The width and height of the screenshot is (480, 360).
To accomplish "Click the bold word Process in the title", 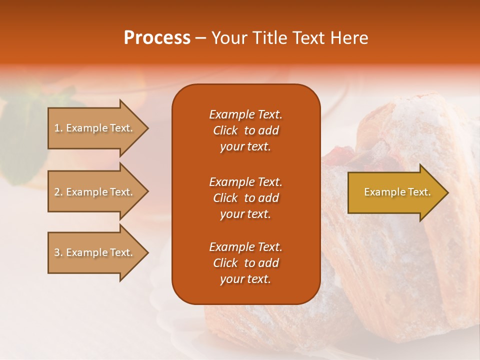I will (157, 38).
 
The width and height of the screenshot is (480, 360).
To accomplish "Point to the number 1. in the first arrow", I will (58, 128).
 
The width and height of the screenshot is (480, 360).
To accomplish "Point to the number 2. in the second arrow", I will (58, 192).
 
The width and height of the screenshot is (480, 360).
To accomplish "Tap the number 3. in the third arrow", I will (58, 252).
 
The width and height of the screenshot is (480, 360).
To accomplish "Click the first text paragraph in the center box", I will (245, 130).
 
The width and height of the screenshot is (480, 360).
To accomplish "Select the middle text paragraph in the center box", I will (245, 198).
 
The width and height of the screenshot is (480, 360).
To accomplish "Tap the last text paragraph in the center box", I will (245, 263).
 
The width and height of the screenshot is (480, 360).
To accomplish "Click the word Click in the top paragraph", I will (225, 130).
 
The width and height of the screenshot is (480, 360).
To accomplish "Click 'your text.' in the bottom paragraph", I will (245, 279).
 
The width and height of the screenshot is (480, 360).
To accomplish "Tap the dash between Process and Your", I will (200, 38).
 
